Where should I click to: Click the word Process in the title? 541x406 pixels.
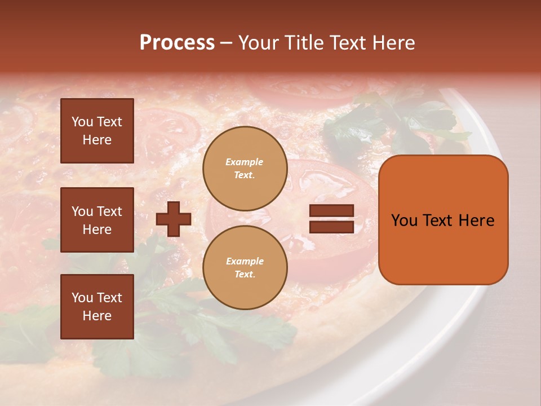(x=177, y=43)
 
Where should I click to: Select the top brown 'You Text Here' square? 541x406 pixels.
(x=97, y=131)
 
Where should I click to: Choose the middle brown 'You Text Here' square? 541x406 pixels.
(x=97, y=220)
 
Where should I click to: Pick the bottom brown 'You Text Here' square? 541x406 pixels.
(x=97, y=307)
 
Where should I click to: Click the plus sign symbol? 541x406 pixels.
(x=174, y=219)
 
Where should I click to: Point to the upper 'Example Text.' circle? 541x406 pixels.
(x=245, y=169)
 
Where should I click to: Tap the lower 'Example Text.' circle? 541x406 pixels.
(x=245, y=268)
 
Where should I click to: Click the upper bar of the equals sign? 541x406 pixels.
(x=331, y=211)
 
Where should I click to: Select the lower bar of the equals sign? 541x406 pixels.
(x=331, y=227)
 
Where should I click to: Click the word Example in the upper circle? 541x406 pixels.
(x=245, y=162)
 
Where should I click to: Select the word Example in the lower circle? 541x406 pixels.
(x=245, y=262)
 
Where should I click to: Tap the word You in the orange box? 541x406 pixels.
(x=404, y=220)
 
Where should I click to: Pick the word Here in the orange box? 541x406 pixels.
(x=476, y=220)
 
